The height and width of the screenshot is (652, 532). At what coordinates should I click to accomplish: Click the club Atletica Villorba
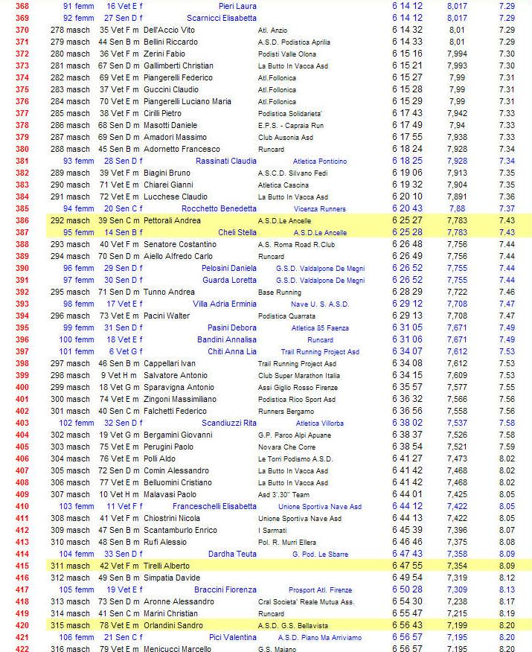coord(320,423)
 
